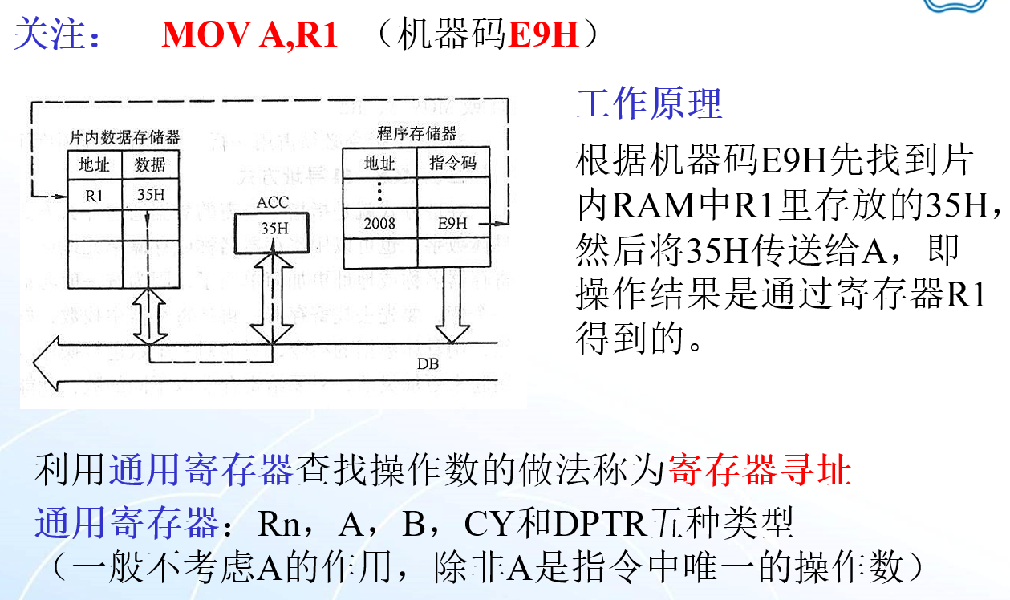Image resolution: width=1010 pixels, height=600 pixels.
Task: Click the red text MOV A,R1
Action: coord(249,35)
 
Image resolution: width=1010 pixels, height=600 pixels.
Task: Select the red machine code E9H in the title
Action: coord(544,35)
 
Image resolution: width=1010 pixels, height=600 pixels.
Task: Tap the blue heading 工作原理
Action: coord(649,103)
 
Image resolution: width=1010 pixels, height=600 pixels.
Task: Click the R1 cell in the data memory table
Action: coord(94,193)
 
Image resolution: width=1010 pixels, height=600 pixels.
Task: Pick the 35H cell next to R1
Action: coord(150,193)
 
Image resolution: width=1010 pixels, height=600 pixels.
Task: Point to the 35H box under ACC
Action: coord(274,228)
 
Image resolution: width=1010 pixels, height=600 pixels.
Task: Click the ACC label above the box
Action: coord(273,203)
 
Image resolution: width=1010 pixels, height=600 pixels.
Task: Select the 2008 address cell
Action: coord(379,223)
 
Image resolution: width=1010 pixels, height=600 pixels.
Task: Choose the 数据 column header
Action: coord(150,164)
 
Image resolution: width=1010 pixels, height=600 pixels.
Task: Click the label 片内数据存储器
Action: coord(124,137)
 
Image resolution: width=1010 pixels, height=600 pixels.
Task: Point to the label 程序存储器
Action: coord(416,133)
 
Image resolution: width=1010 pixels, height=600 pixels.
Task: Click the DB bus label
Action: coord(428,363)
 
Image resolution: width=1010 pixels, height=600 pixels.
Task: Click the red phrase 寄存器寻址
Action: coord(758,471)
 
